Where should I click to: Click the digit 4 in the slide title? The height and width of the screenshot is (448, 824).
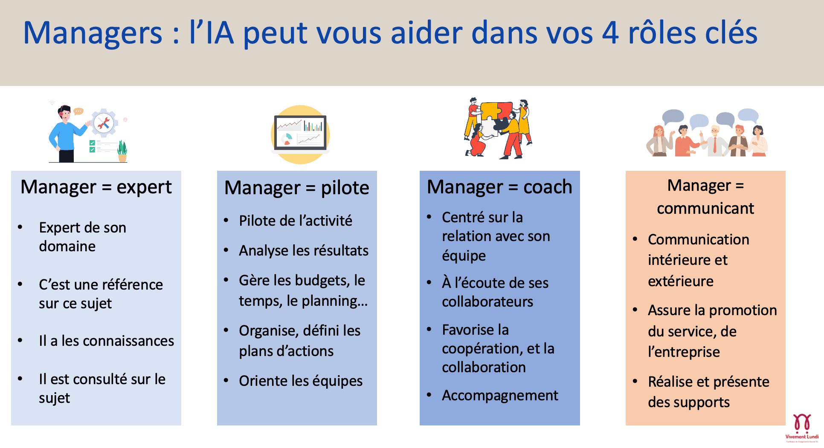(x=610, y=33)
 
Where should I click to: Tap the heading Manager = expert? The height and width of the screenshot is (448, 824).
(x=96, y=187)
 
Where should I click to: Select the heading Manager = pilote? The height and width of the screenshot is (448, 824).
(x=297, y=188)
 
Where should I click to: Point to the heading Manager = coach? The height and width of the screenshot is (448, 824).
(x=499, y=187)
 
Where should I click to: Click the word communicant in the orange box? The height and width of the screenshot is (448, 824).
(x=705, y=208)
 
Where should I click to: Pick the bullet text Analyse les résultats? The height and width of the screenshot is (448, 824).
(x=304, y=250)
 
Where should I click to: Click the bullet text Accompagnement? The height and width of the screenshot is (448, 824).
(x=500, y=396)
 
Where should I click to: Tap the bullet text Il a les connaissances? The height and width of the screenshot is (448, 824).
(x=107, y=341)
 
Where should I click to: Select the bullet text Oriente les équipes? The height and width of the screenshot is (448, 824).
(x=301, y=381)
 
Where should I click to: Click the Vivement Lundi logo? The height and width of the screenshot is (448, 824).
(x=802, y=427)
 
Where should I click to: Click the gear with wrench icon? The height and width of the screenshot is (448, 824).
(x=104, y=123)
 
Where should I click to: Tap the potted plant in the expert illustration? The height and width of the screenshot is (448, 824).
(x=122, y=151)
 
